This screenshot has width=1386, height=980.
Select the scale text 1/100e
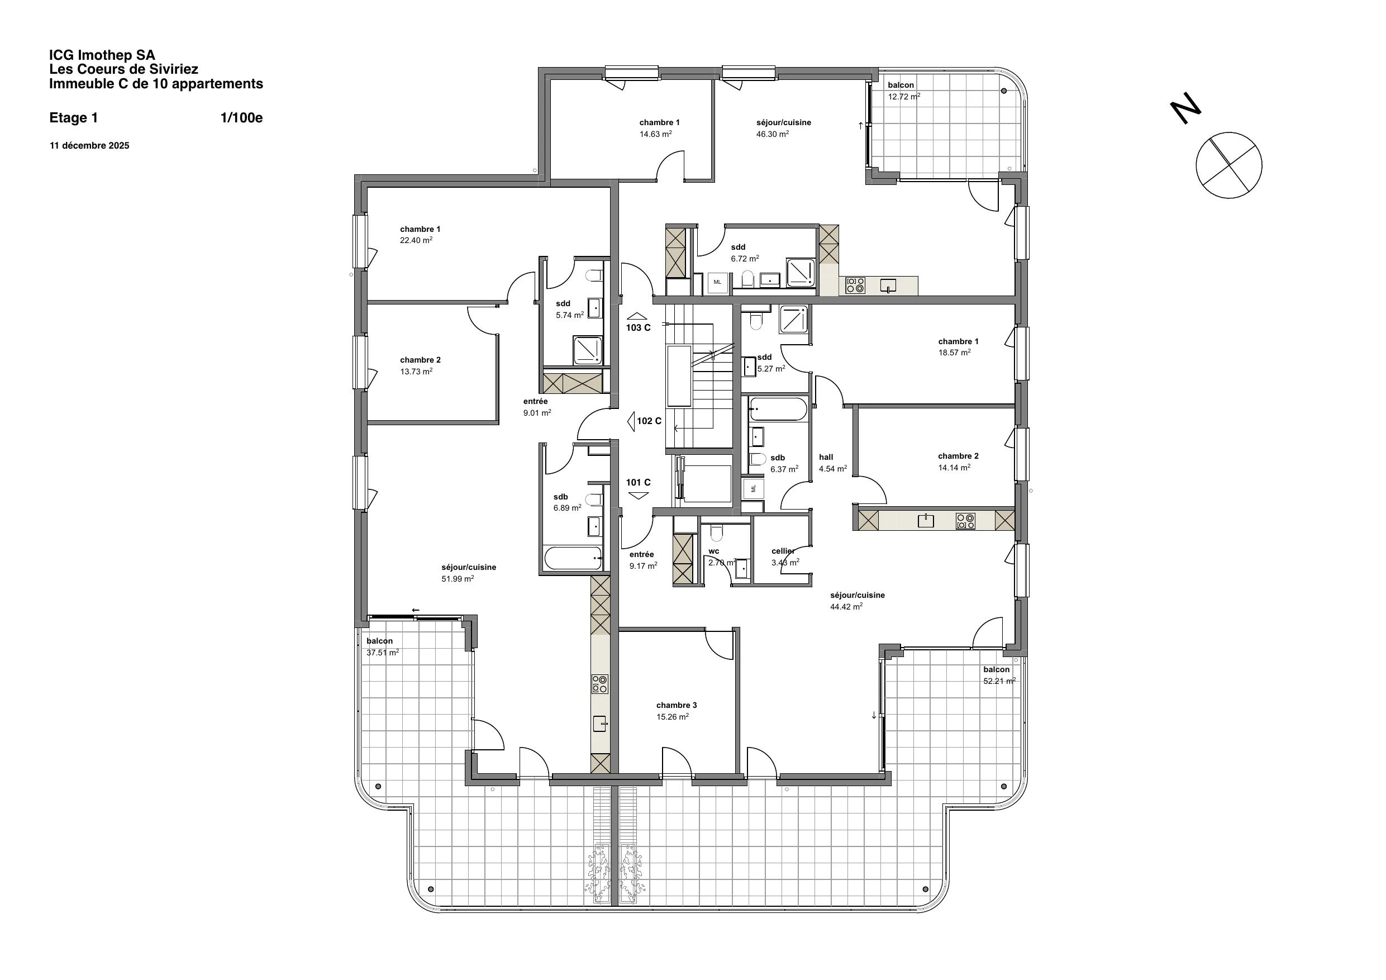coord(241,118)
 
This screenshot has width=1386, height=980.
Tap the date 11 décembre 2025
coord(89,145)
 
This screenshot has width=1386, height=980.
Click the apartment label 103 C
coord(638,328)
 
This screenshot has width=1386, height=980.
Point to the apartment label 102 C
coord(649,421)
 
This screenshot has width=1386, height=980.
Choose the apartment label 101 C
coord(638,482)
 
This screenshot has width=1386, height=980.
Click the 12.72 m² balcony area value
coord(904,97)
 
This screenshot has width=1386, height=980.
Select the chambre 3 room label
coord(676,705)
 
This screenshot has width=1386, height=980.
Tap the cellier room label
coord(783,551)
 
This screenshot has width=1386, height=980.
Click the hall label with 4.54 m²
coord(826,457)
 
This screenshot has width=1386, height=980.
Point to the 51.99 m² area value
coord(458,579)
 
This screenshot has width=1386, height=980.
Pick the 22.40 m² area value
coord(416,240)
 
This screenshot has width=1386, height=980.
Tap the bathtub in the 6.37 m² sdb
coord(778,409)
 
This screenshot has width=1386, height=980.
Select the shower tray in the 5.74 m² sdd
coord(587,351)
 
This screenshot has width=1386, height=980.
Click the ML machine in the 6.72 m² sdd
coord(717,283)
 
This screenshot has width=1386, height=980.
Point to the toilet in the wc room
coord(717,533)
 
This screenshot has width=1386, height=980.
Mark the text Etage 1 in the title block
coord(74,118)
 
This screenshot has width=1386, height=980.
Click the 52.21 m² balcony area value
coord(999,681)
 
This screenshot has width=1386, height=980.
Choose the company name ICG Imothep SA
coord(102,55)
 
